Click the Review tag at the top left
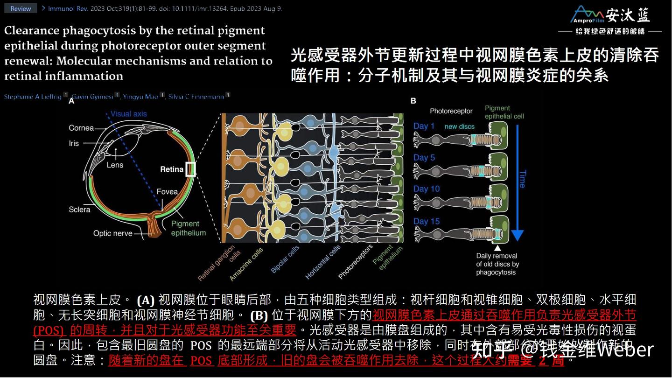[21, 8]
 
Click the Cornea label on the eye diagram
[81, 128]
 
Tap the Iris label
[74, 143]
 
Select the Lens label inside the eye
[115, 165]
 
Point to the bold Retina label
[172, 169]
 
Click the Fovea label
[167, 192]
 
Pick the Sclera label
[79, 210]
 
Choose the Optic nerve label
[112, 233]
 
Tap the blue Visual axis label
[129, 114]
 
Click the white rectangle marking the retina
[190, 169]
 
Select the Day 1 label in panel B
[424, 126]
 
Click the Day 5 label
[424, 158]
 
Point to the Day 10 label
[427, 189]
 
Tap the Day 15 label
[427, 221]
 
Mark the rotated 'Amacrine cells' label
[246, 264]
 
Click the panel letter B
[413, 101]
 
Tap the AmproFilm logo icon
[588, 14]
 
